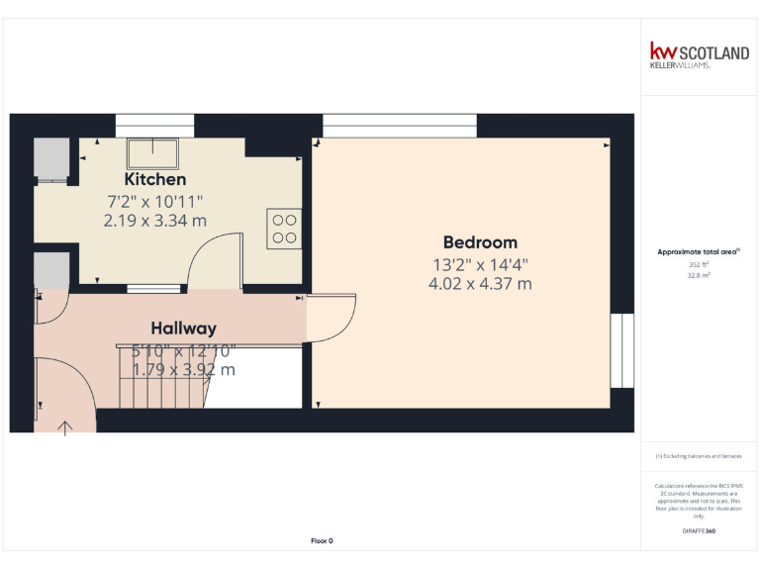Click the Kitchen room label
pos(154,179)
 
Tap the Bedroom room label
pos(480,242)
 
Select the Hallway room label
pos(183,328)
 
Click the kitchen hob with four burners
pos(284,229)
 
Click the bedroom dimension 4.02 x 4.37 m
pos(480,284)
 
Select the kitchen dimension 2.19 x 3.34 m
pos(154,221)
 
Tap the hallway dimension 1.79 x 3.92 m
pos(184,370)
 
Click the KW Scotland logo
pos(699,54)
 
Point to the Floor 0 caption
pos(322,541)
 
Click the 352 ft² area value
pos(699,265)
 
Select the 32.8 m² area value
pos(699,276)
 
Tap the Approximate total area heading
pos(699,252)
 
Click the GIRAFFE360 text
pos(699,531)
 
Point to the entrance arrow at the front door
pos(66,427)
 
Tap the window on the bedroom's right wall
pos(621,351)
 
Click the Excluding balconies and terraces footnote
pos(699,456)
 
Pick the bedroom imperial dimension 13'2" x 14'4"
pos(480,264)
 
